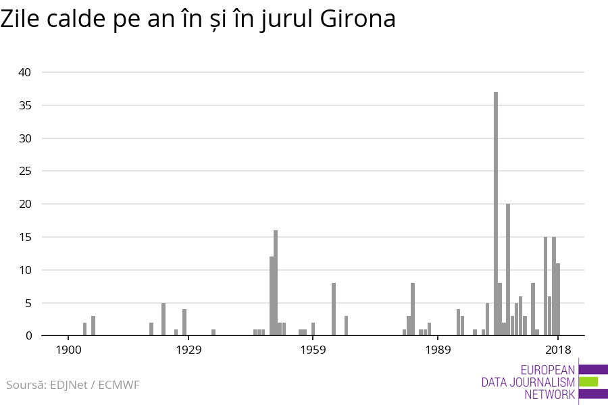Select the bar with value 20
(508, 270)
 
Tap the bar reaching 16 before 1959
(276, 283)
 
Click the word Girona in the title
(357, 20)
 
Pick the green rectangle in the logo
(588, 381)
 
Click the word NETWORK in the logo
(549, 394)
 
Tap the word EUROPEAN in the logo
(548, 370)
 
